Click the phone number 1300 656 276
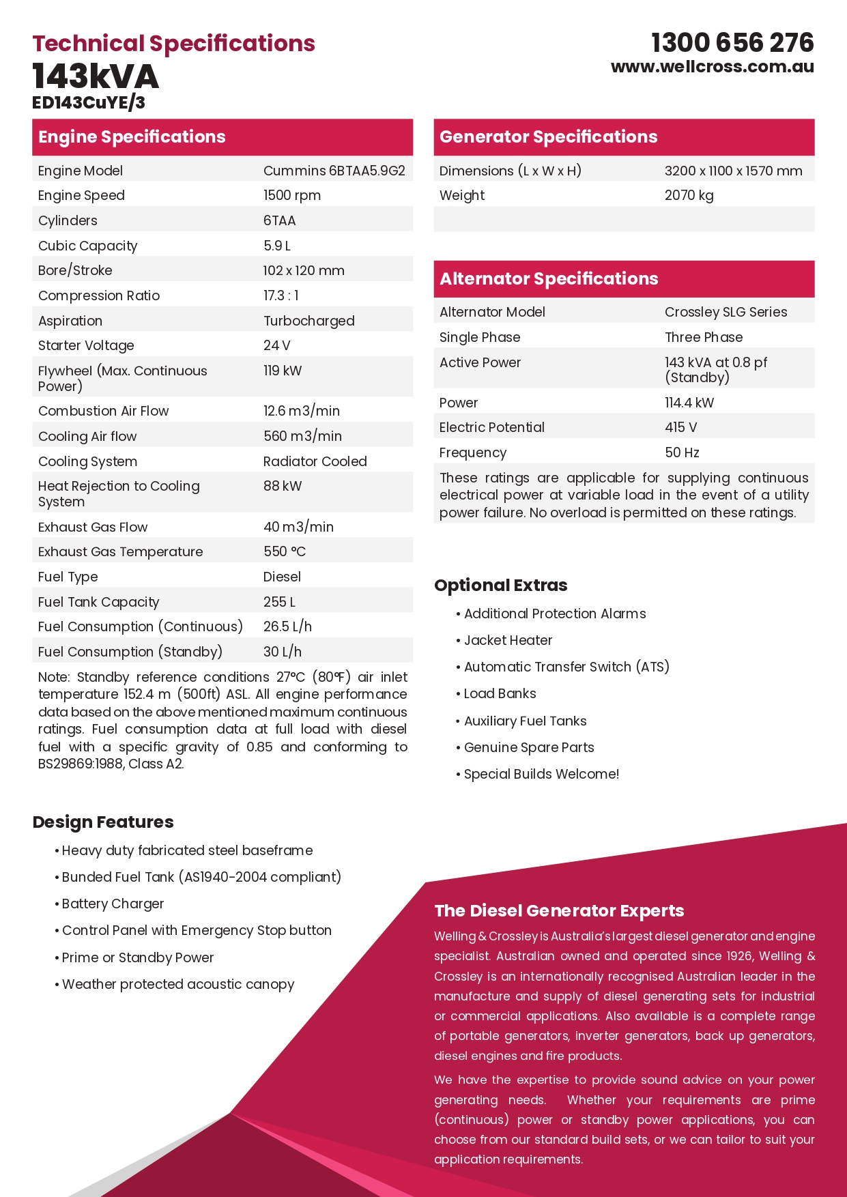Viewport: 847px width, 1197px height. [x=732, y=43]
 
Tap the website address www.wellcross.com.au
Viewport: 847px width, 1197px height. [x=712, y=67]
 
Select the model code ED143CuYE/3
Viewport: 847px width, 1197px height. [x=89, y=102]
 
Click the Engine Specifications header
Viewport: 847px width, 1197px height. [x=132, y=137]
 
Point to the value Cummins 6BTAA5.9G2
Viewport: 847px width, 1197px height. [x=334, y=171]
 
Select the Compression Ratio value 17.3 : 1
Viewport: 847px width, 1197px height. [x=281, y=295]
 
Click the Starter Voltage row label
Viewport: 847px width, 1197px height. [x=86, y=345]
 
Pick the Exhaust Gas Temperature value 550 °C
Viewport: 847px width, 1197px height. [x=285, y=551]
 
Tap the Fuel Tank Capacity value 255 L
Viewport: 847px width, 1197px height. [x=279, y=602]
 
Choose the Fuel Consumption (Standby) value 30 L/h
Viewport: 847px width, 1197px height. [x=283, y=652]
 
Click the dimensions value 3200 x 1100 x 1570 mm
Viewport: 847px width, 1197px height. [x=733, y=171]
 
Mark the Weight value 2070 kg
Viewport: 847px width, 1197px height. [x=689, y=195]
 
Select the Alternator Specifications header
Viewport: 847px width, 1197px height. [x=549, y=279]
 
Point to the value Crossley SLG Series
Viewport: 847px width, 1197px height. [x=726, y=312]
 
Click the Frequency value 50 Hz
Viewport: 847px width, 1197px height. [x=682, y=452]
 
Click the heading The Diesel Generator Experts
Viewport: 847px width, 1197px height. [x=559, y=911]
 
